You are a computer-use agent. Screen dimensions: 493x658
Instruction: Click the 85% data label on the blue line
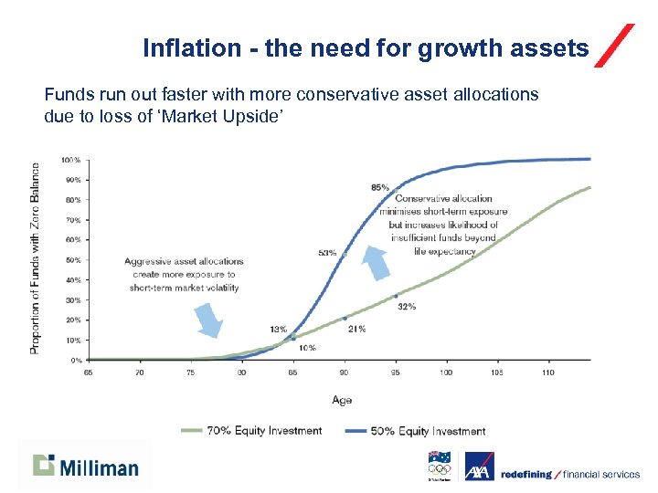380,187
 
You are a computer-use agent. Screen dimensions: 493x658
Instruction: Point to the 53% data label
327,253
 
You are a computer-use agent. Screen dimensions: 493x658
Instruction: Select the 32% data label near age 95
407,307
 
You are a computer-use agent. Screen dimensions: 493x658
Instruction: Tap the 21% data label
356,329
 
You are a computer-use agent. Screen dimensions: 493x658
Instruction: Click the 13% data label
279,329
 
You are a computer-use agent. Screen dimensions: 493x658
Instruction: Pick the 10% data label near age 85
307,348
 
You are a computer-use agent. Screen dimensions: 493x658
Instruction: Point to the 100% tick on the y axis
71,160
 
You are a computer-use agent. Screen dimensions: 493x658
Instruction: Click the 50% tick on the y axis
72,260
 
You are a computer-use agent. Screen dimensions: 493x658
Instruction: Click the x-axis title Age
342,400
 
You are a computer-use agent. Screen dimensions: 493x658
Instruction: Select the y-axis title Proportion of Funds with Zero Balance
36,258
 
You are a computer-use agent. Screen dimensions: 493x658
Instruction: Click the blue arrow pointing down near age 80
208,320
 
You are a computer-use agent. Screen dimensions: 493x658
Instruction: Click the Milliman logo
86,467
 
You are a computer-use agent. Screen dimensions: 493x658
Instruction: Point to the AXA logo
480,467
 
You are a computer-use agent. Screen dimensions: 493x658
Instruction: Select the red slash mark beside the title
614,46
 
